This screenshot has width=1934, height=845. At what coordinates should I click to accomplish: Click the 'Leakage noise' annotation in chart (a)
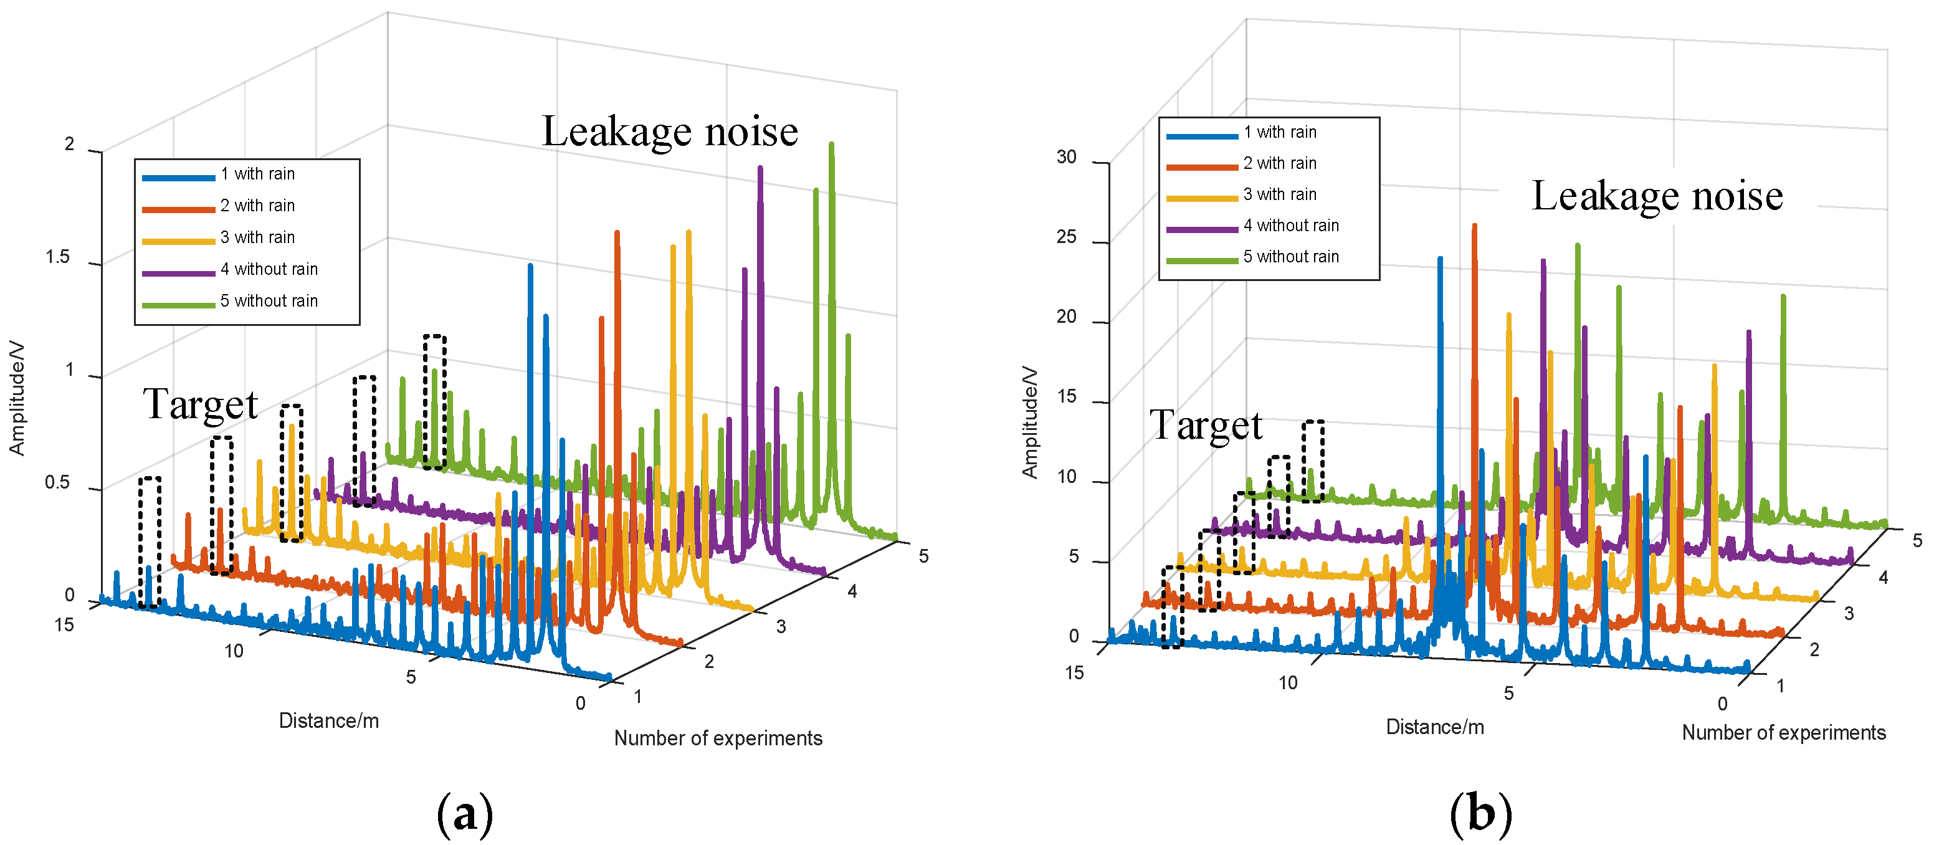pos(670,131)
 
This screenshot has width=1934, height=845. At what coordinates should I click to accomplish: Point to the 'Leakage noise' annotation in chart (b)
pos(1657,196)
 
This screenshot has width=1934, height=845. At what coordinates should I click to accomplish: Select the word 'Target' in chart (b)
pos(1206,425)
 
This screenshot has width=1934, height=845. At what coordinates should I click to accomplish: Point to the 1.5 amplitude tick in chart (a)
pos(58,257)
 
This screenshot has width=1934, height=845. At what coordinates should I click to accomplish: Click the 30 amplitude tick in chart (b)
pos(1066,157)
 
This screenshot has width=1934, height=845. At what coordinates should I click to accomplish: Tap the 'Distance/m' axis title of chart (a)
pos(329,721)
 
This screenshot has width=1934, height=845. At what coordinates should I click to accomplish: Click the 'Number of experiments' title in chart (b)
pos(1783,732)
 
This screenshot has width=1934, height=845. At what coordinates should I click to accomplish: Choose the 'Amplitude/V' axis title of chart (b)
pos(1030,422)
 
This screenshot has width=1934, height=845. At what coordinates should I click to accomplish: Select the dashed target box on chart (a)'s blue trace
pos(150,542)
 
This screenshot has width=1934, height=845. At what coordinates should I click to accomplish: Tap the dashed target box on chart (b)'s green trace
pos(1313,461)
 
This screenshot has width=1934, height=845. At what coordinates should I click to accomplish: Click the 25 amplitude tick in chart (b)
pos(1066,237)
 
